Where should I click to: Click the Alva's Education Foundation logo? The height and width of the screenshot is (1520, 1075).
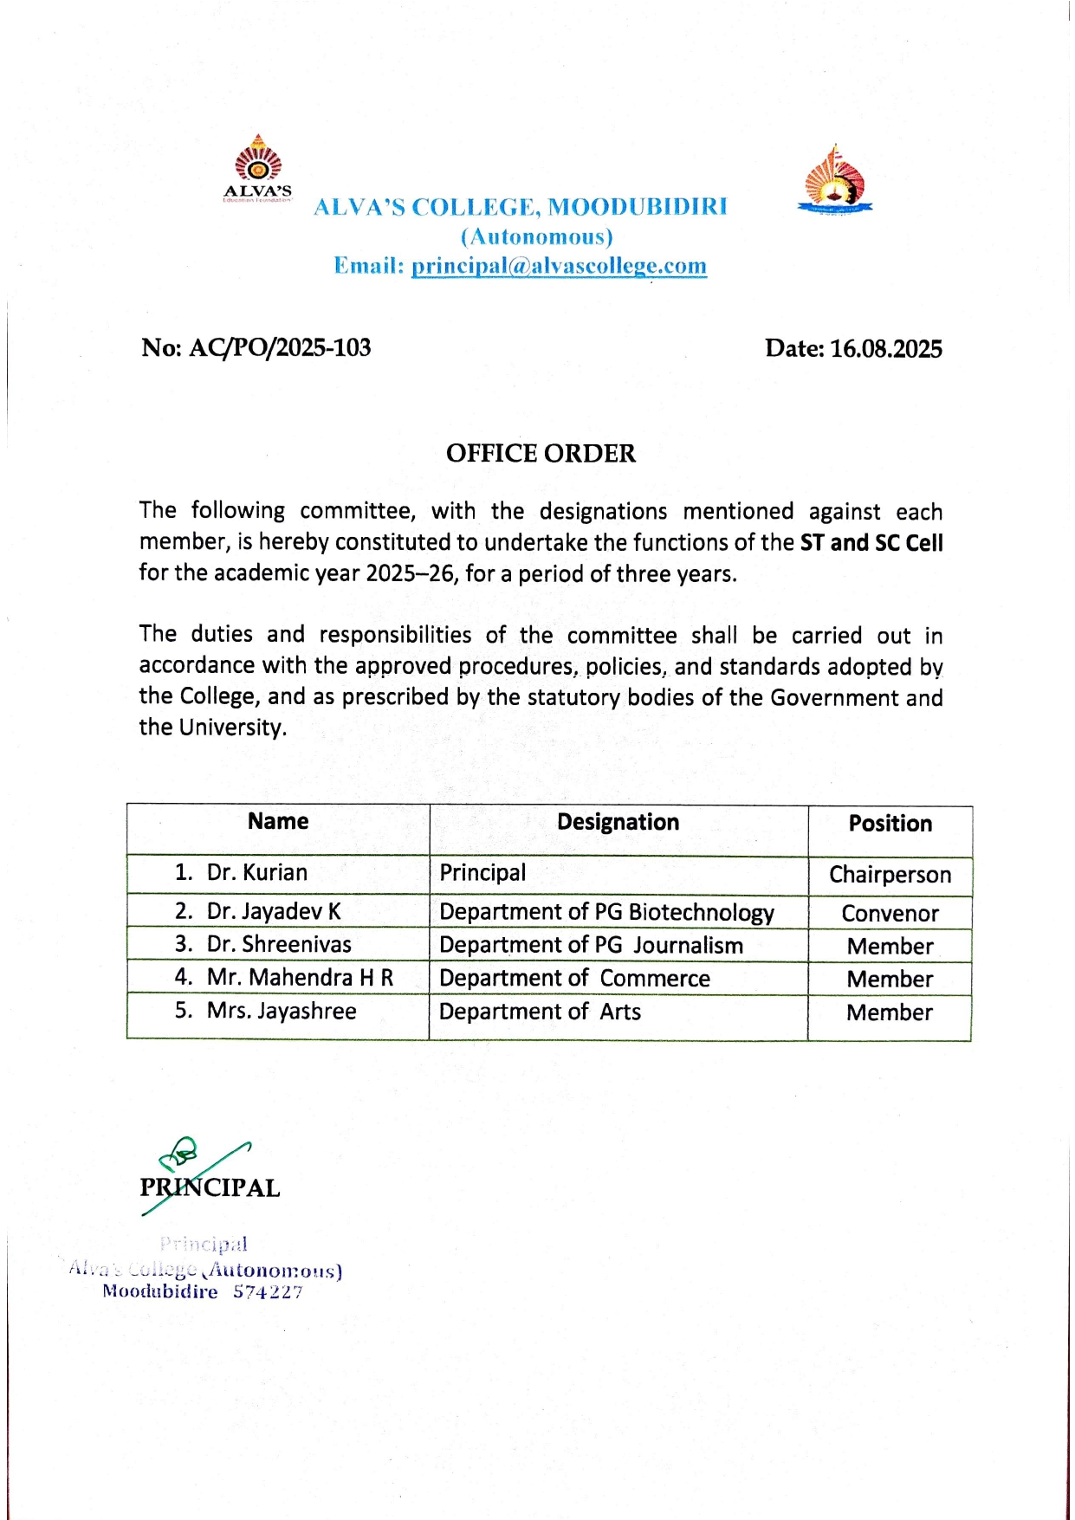pyautogui.click(x=258, y=169)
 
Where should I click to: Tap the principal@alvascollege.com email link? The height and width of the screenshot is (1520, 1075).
pyautogui.click(x=559, y=266)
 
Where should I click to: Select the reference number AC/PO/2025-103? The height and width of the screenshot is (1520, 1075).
pyautogui.click(x=279, y=348)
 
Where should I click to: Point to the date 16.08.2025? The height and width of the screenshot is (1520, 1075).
pyautogui.click(x=885, y=349)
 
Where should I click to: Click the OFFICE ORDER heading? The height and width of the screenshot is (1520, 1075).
pyautogui.click(x=541, y=453)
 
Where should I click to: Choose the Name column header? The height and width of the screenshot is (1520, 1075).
pyautogui.click(x=278, y=821)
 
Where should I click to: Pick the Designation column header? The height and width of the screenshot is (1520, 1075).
pyautogui.click(x=618, y=822)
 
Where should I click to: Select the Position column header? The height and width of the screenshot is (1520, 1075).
pyautogui.click(x=890, y=824)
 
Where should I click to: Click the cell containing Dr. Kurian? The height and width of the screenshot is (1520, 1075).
pyautogui.click(x=256, y=872)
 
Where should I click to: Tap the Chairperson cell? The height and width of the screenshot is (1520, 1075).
pyautogui.click(x=890, y=875)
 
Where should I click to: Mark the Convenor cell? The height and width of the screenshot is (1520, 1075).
pyautogui.click(x=890, y=914)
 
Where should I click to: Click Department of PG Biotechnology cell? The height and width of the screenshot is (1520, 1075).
pyautogui.click(x=606, y=912)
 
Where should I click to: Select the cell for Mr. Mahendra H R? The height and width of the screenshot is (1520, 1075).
pyautogui.click(x=300, y=978)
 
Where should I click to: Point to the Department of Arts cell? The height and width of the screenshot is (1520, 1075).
pyautogui.click(x=540, y=1012)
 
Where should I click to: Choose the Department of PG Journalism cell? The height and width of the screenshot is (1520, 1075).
pyautogui.click(x=591, y=945)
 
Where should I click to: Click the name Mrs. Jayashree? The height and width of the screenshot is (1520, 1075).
pyautogui.click(x=282, y=1011)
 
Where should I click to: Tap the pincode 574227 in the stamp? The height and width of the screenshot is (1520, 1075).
pyautogui.click(x=268, y=1292)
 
